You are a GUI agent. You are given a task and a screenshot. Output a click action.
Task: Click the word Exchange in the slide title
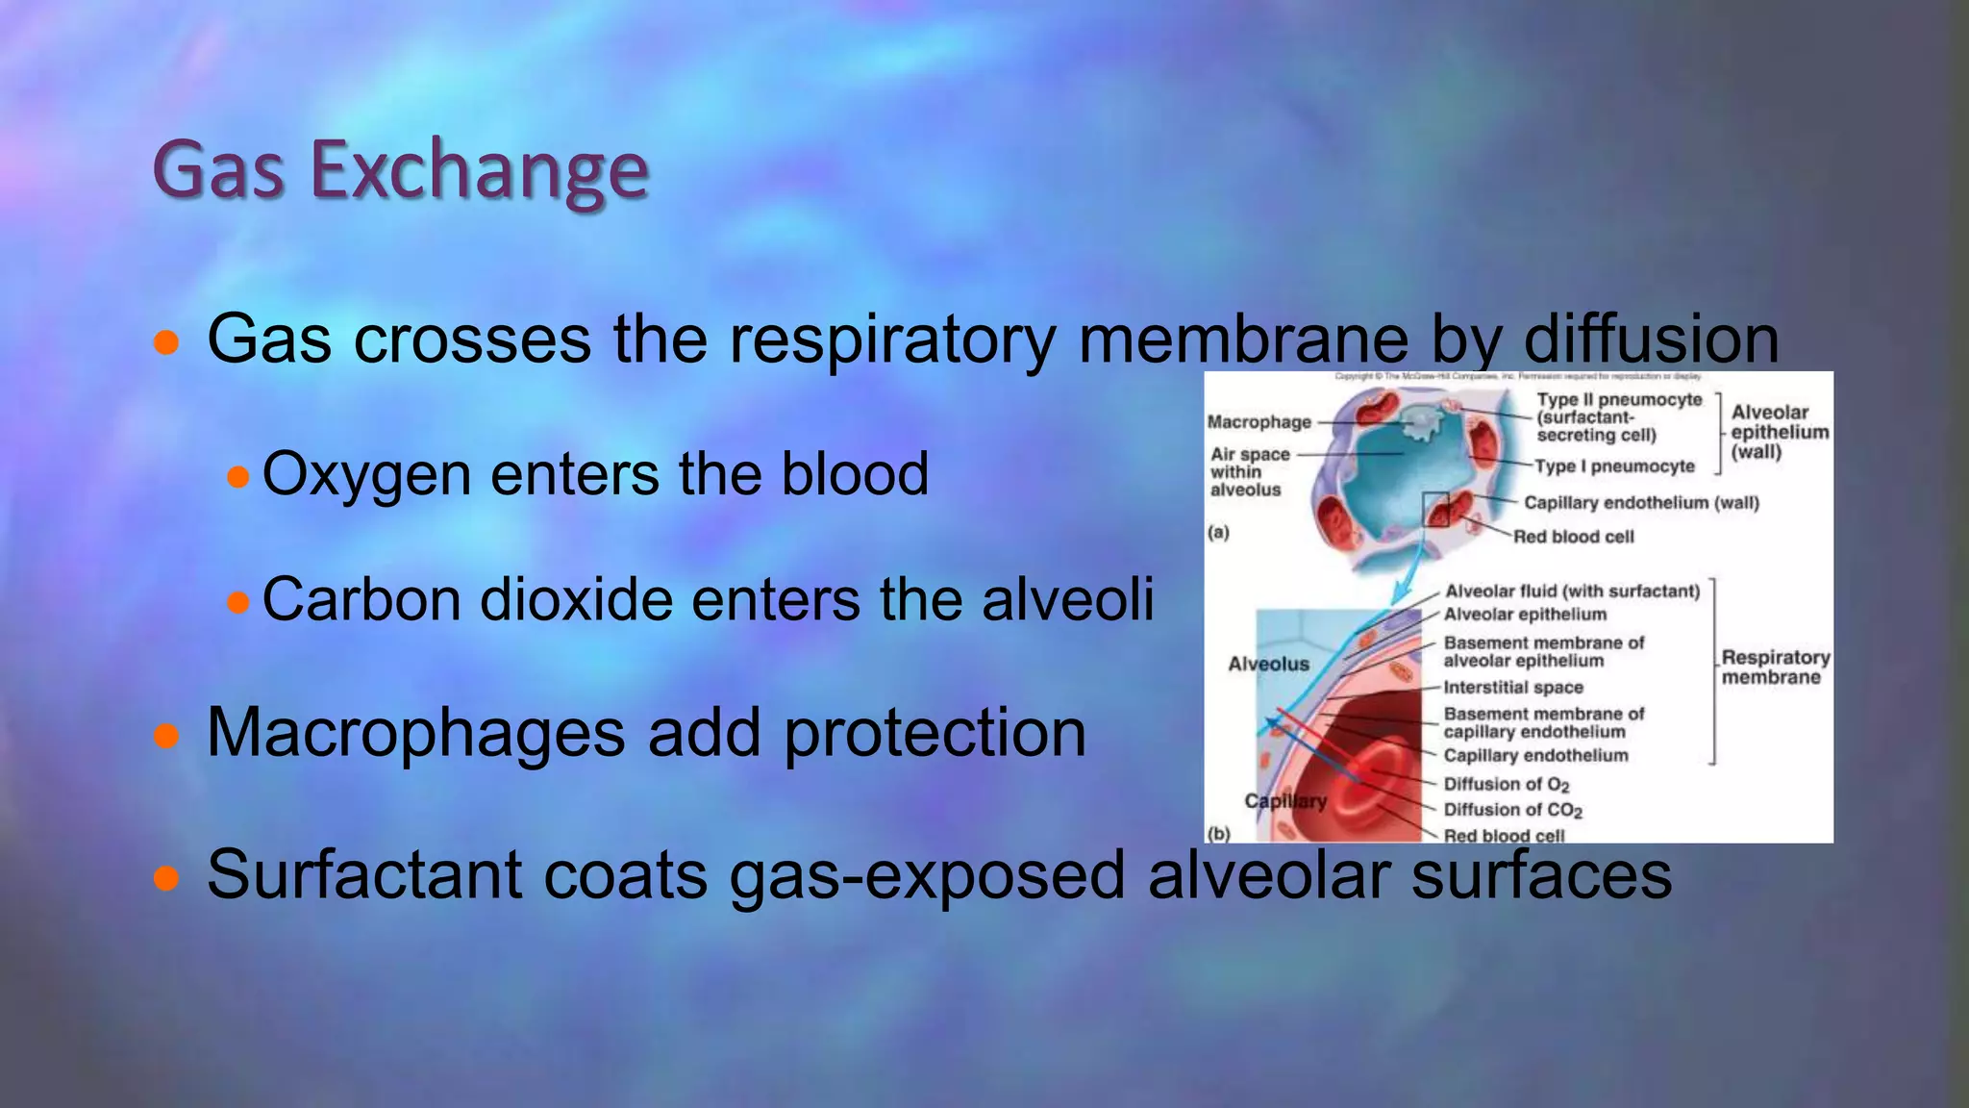[480, 171]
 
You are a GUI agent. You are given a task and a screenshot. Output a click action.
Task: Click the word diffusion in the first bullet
[1651, 340]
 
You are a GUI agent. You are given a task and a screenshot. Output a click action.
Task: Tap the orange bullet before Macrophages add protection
[166, 737]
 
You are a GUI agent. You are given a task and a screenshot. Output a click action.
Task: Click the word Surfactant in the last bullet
[363, 875]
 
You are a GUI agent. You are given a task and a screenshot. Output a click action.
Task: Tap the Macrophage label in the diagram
[1259, 421]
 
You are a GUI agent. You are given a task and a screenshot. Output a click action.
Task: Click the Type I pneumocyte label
[1614, 466]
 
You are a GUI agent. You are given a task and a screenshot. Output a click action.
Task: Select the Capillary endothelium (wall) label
[1640, 502]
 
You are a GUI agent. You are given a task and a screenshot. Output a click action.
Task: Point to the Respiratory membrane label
[1774, 667]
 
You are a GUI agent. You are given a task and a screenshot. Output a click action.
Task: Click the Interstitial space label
[1512, 687]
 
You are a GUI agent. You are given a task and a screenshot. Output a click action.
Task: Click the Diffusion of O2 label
[1506, 784]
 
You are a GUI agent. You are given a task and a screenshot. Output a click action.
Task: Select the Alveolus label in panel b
[1268, 664]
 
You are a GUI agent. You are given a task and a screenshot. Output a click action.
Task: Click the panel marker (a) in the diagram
[1218, 532]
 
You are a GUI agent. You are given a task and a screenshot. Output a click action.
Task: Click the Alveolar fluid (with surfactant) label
[1572, 591]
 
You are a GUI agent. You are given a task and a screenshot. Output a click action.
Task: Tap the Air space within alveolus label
[1248, 471]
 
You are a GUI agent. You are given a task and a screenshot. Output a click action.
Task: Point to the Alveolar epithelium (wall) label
[1778, 432]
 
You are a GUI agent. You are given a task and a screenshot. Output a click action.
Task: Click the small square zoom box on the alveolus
[1435, 508]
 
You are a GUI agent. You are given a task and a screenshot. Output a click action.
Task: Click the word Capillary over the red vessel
[1285, 801]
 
